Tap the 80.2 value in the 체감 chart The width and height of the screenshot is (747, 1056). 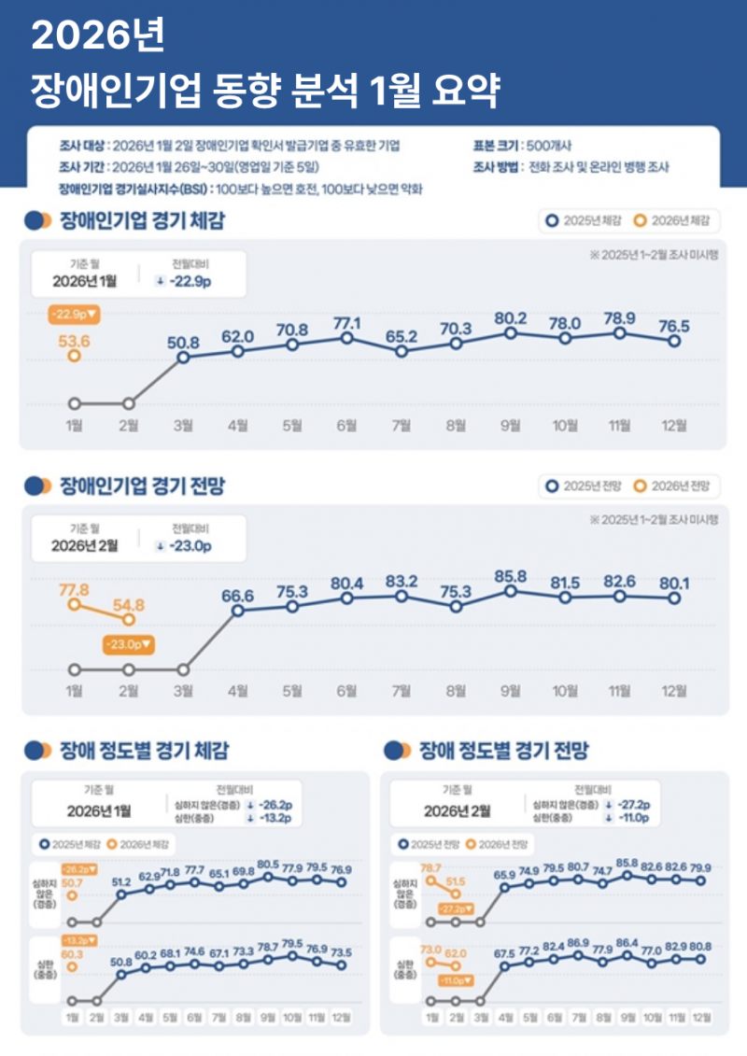tap(510, 317)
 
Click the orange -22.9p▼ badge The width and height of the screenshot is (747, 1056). tap(74, 314)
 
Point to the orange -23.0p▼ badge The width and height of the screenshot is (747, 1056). tap(129, 644)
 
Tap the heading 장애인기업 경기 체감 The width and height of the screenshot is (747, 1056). tap(142, 221)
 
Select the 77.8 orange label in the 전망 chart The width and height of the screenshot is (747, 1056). tap(74, 590)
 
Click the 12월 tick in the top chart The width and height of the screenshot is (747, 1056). tap(673, 427)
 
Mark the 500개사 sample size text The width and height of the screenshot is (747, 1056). tap(550, 146)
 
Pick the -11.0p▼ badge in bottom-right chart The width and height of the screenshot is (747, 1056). tap(455, 981)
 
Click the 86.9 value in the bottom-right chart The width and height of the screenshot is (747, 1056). tap(578, 944)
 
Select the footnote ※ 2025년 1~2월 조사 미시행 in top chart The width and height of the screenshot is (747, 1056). tap(653, 255)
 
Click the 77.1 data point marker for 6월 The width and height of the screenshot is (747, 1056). tap(346, 338)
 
